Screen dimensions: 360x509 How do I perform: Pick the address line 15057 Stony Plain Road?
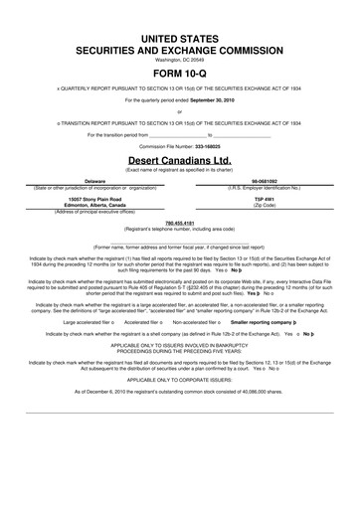(x=94, y=198)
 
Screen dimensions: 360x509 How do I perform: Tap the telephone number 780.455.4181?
(x=180, y=223)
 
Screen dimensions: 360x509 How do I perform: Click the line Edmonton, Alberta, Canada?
(x=94, y=205)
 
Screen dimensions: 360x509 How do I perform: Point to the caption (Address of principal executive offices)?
(x=94, y=212)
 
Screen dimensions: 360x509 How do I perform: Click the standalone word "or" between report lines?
(x=180, y=111)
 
